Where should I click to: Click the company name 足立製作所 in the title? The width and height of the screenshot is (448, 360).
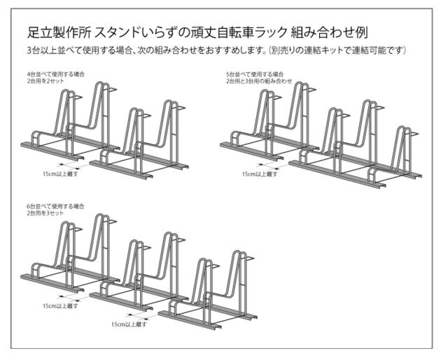[59, 32]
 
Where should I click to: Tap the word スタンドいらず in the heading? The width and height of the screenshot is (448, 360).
[132, 32]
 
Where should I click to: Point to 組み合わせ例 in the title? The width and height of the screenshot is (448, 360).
[329, 32]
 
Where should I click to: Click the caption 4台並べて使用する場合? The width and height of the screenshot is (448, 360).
[56, 74]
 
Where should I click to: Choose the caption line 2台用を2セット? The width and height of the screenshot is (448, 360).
[45, 81]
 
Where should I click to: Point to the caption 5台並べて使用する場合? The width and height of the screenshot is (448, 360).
[255, 74]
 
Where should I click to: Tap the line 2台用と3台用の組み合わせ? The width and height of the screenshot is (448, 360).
[259, 81]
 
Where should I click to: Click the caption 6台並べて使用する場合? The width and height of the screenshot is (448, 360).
[56, 206]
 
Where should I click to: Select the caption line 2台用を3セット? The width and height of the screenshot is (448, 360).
[45, 213]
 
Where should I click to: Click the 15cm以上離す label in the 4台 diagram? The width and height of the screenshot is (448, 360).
[60, 174]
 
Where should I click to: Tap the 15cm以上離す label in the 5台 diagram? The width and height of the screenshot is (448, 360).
[260, 174]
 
